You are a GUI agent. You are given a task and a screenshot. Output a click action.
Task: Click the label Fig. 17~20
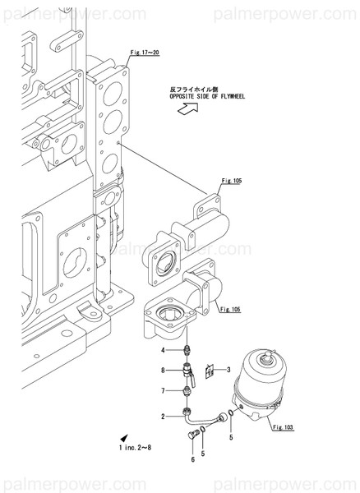[x=144, y=52]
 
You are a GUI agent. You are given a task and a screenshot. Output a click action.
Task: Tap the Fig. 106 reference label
[x=232, y=309]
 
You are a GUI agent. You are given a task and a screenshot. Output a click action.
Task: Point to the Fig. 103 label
[x=282, y=427]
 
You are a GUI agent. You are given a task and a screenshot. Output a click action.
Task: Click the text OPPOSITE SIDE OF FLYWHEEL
[x=208, y=95]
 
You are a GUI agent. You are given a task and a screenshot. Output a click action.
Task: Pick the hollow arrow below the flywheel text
[x=187, y=115]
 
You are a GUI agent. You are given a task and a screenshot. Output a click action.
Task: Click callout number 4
[x=164, y=351]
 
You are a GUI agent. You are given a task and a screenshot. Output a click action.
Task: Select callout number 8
[x=164, y=370]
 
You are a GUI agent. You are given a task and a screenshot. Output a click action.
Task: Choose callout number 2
[x=164, y=417]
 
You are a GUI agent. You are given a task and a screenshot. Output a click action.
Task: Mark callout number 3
[x=228, y=371]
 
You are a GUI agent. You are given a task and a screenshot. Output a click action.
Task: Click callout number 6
[x=192, y=459]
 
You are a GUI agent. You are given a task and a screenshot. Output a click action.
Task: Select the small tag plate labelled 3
[x=210, y=371]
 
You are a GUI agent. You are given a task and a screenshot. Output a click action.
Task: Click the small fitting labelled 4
[x=188, y=351]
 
